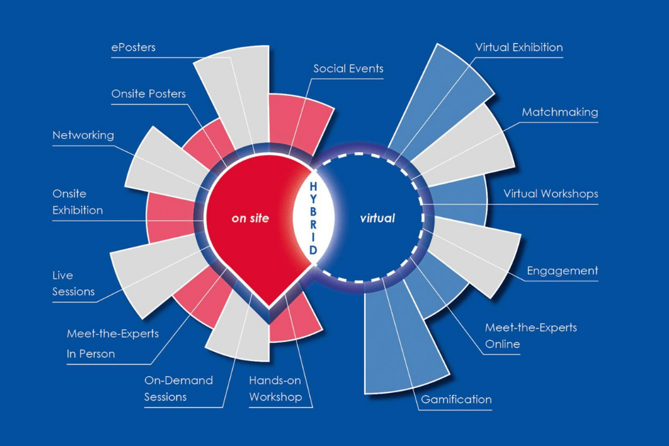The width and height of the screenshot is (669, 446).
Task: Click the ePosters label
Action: click(133, 47)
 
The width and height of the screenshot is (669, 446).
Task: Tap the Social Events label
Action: click(348, 69)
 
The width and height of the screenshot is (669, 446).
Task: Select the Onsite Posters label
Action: click(148, 94)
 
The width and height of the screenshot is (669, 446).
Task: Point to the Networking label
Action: click(83, 136)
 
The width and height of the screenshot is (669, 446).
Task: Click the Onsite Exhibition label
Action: click(78, 202)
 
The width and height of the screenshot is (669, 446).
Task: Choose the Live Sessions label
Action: click(73, 283)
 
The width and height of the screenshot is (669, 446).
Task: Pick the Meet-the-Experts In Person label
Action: click(112, 343)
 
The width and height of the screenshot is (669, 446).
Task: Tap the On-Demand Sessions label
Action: click(178, 389)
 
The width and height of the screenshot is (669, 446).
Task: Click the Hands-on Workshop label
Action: click(275, 389)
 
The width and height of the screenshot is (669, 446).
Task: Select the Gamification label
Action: click(456, 400)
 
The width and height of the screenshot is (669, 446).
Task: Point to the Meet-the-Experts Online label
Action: click(530, 336)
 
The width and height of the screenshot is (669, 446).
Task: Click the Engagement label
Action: click(563, 271)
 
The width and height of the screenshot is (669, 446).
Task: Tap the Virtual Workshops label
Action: click(551, 193)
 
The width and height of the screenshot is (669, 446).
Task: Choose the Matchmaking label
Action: click(560, 112)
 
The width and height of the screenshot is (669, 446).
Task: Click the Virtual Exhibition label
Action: click(519, 47)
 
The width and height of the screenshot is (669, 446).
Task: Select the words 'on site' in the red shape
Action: click(250, 218)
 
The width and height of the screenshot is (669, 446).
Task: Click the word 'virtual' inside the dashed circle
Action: click(378, 218)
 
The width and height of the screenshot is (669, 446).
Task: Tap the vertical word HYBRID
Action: click(313, 218)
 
